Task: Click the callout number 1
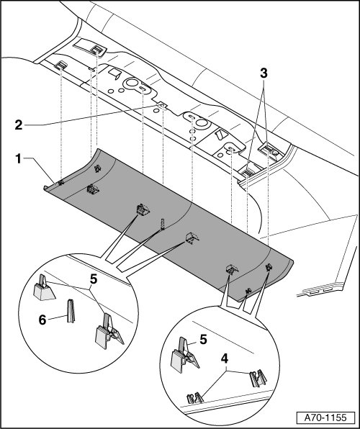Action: pyautogui.click(x=18, y=159)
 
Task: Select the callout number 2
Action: pyautogui.click(x=19, y=125)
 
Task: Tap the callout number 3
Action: pyautogui.click(x=264, y=73)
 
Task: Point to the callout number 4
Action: pyautogui.click(x=225, y=358)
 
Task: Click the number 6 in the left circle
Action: pyautogui.click(x=42, y=320)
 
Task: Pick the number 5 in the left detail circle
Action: pyautogui.click(x=94, y=279)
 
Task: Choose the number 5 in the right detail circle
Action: pyautogui.click(x=203, y=340)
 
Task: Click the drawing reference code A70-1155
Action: pyautogui.click(x=325, y=417)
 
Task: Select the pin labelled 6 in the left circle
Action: pyautogui.click(x=71, y=311)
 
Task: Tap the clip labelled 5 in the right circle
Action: pyautogui.click(x=185, y=355)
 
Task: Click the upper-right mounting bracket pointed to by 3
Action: pyautogui.click(x=269, y=150)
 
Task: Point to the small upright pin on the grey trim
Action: pyautogui.click(x=163, y=224)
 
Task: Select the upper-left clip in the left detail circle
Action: pyautogui.click(x=44, y=288)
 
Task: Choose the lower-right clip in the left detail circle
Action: pyautogui.click(x=109, y=331)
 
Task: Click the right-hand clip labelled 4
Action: pyautogui.click(x=258, y=379)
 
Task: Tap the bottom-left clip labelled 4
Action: pyautogui.click(x=195, y=398)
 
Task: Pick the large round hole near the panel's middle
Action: pyautogui.click(x=202, y=122)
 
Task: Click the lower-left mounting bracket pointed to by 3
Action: pyautogui.click(x=248, y=172)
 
